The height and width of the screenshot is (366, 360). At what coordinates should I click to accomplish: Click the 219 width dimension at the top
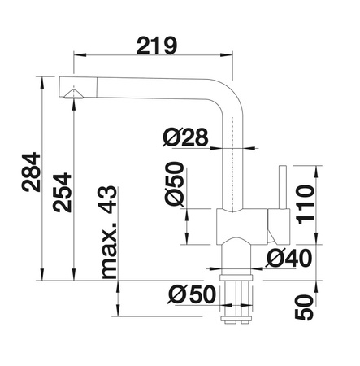click(x=157, y=46)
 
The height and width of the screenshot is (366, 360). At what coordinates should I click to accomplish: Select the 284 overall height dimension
click(x=31, y=172)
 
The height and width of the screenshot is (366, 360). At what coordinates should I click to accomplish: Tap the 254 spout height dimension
click(x=63, y=193)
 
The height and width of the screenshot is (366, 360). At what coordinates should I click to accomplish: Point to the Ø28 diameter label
click(x=186, y=137)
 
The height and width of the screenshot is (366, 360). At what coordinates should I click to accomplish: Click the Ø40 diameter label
click(x=288, y=258)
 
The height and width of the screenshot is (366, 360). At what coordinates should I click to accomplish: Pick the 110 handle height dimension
click(x=306, y=204)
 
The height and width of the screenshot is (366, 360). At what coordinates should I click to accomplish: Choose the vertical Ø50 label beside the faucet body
click(x=174, y=184)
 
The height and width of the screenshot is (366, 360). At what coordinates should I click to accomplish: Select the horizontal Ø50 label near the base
click(x=192, y=294)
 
